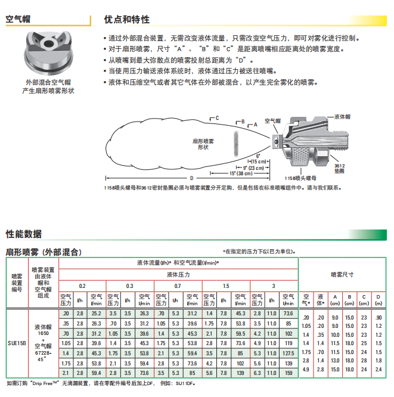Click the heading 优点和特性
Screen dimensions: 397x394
point(127,19)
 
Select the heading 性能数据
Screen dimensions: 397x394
point(24,234)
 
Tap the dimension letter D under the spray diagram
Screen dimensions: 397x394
point(191,178)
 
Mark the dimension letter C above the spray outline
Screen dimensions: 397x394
point(217,117)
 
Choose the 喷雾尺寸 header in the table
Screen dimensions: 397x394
point(342,275)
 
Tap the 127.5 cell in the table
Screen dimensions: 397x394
point(288,353)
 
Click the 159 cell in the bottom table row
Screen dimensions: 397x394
point(288,373)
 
